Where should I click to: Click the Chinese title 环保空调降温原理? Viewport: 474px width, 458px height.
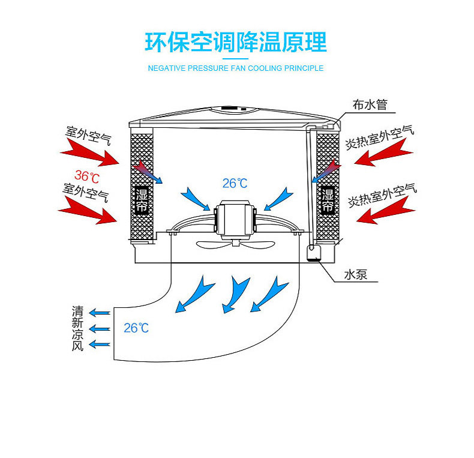click(x=236, y=42)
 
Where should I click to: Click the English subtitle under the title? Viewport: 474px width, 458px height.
click(x=236, y=68)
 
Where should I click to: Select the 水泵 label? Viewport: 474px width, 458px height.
click(x=356, y=275)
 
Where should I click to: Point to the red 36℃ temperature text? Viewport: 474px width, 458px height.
click(x=87, y=176)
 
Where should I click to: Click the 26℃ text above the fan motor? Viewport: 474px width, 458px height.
click(x=235, y=182)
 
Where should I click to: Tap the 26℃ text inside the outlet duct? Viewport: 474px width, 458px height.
click(x=136, y=328)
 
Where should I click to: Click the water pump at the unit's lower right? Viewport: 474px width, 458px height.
click(x=313, y=253)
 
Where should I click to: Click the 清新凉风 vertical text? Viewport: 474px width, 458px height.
click(x=77, y=328)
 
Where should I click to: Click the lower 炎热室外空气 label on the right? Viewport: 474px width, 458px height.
click(x=381, y=194)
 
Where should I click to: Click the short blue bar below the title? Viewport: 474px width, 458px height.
click(x=235, y=58)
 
